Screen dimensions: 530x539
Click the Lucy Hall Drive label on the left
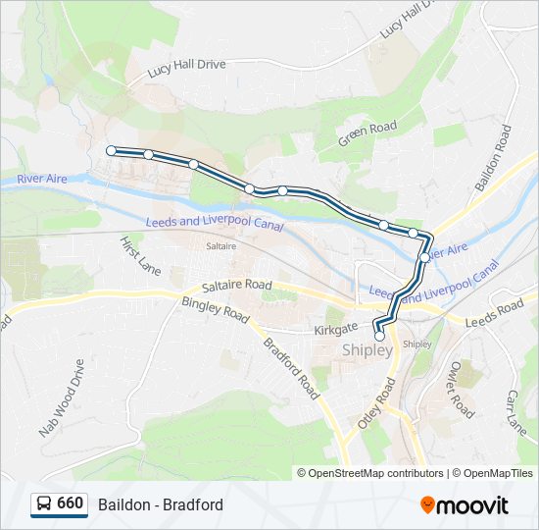tap(186, 68)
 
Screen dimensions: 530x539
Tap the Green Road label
tap(367, 133)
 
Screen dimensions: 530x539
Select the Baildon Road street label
tap(494, 157)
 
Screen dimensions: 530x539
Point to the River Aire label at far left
tap(42, 179)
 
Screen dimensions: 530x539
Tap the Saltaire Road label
tap(236, 286)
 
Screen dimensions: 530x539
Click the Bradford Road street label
tap(291, 367)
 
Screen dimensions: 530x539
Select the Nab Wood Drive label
tap(63, 397)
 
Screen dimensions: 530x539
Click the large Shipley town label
tap(367, 350)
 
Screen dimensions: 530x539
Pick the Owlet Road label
tap(461, 388)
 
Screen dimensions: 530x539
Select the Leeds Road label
tap(496, 315)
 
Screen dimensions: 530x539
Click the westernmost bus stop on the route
tap(111, 150)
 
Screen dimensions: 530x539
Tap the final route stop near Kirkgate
tap(379, 336)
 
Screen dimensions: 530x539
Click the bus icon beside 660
tap(43, 504)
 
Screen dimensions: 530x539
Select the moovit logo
tap(465, 504)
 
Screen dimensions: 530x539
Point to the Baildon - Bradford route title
tap(161, 504)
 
